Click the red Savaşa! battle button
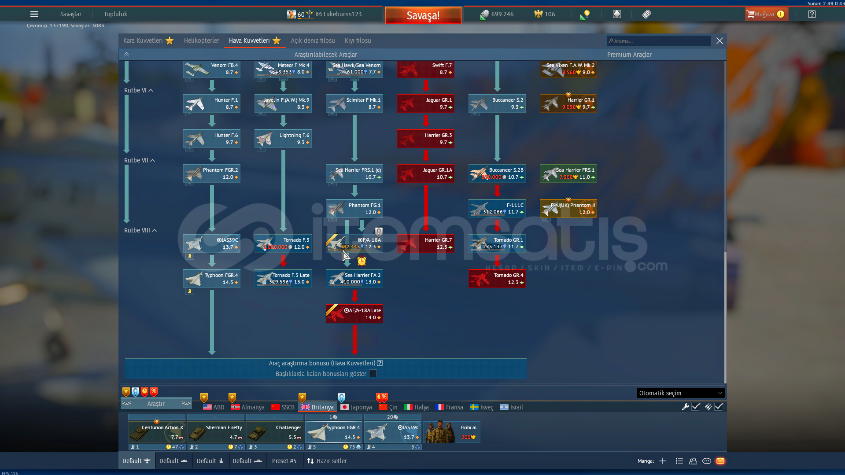point(423,15)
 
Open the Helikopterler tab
point(201,41)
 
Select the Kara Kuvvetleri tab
point(143,41)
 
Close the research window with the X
point(720,41)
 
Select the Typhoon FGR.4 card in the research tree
point(212,279)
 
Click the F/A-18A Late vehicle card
point(354,314)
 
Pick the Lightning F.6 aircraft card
point(283,139)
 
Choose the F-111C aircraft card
point(497,209)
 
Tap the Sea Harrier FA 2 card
point(354,279)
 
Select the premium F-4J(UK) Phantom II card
point(568,209)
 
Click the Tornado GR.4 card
point(497,279)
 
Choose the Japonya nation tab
point(356,407)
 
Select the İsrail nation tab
point(511,407)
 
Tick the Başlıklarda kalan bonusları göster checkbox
point(373,374)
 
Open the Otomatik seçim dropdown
point(680,393)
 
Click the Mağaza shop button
point(766,14)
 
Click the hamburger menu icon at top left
point(34,14)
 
